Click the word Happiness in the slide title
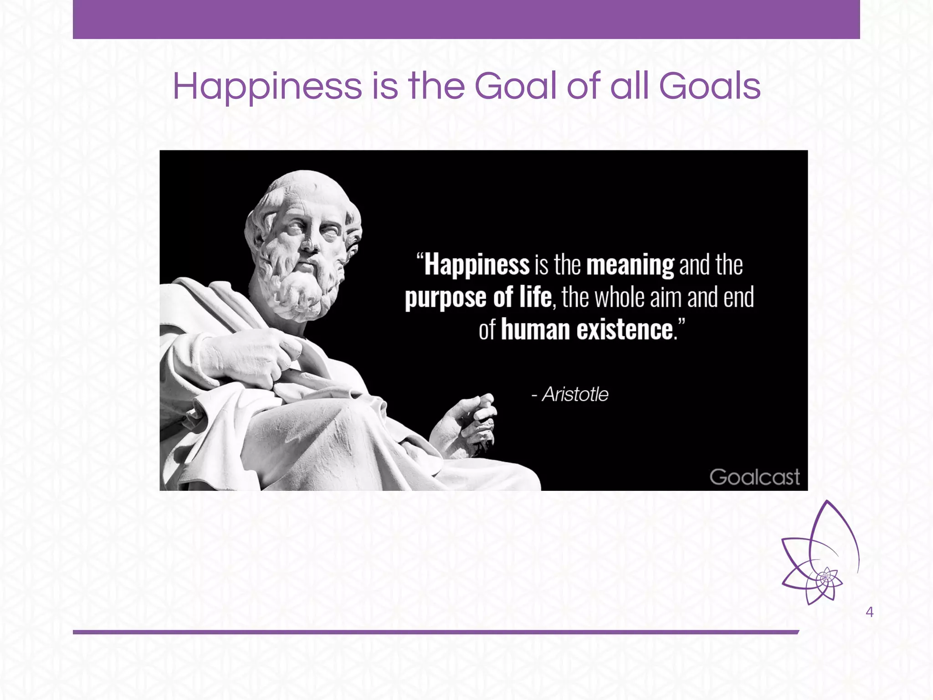[267, 87]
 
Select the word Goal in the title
[515, 87]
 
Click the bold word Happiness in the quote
[477, 265]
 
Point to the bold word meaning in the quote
[630, 265]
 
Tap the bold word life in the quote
[535, 297]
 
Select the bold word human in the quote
[535, 329]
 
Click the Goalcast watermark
[754, 477]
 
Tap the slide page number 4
[869, 612]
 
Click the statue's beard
[301, 287]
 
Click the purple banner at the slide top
[466, 19]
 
